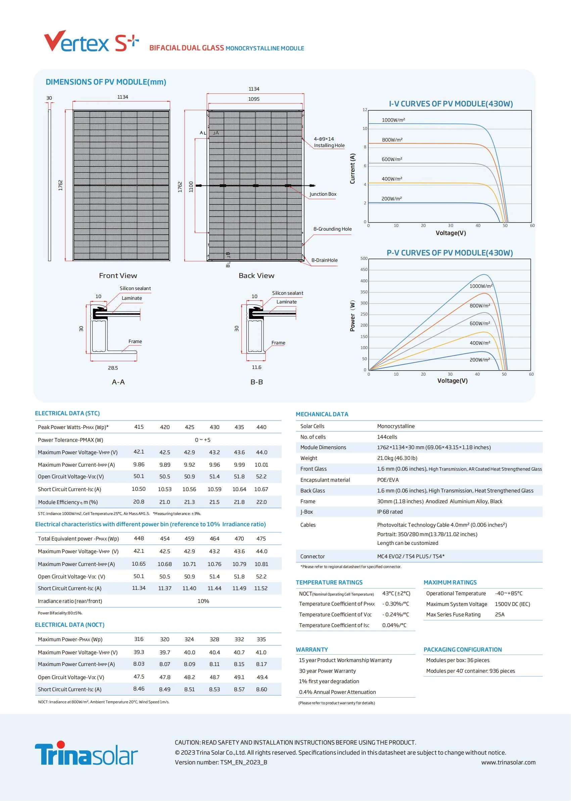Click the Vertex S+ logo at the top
[91, 42]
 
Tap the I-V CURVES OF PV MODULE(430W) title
[450, 104]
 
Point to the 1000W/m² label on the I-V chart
[393, 120]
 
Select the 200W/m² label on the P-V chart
[480, 360]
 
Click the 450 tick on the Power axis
[364, 270]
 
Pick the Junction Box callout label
[323, 194]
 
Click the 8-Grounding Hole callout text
[332, 229]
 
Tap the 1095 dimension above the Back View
[254, 99]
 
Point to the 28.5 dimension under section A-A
[113, 368]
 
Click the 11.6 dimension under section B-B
[256, 367]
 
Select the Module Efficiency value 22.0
[261, 502]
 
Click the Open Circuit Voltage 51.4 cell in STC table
[215, 476]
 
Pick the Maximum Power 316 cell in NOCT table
[139, 639]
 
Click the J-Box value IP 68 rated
[390, 512]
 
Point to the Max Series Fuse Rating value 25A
[499, 614]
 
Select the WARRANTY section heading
[312, 650]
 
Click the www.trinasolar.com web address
[509, 762]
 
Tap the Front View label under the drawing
[118, 276]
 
